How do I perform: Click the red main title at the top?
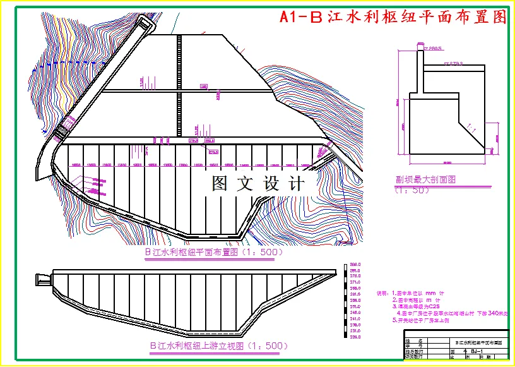(x=393, y=17)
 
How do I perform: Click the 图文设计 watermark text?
(x=257, y=184)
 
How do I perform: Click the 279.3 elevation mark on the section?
(x=454, y=63)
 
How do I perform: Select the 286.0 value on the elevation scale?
(x=355, y=265)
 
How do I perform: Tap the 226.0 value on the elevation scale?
(x=355, y=337)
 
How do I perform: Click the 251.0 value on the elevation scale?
(x=355, y=307)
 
